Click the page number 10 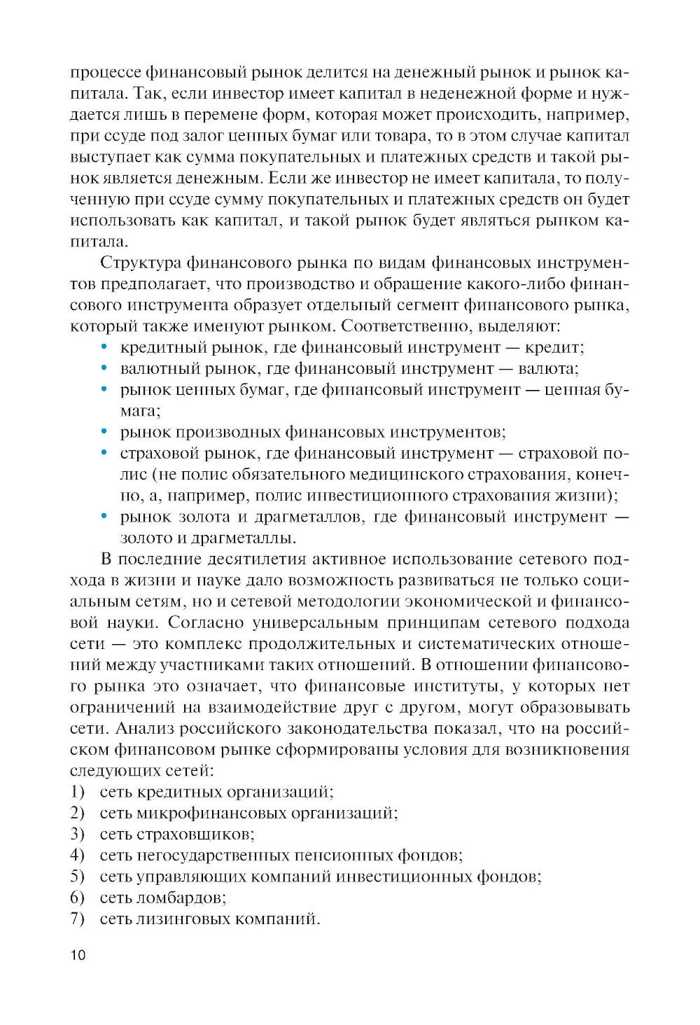[x=78, y=955]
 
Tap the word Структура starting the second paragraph [x=141, y=263]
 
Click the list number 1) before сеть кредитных [x=77, y=792]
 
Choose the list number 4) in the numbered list [x=77, y=855]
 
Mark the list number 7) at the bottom [x=77, y=918]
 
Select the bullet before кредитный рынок [x=104, y=347]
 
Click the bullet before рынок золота [x=104, y=517]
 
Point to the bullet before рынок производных [x=104, y=432]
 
